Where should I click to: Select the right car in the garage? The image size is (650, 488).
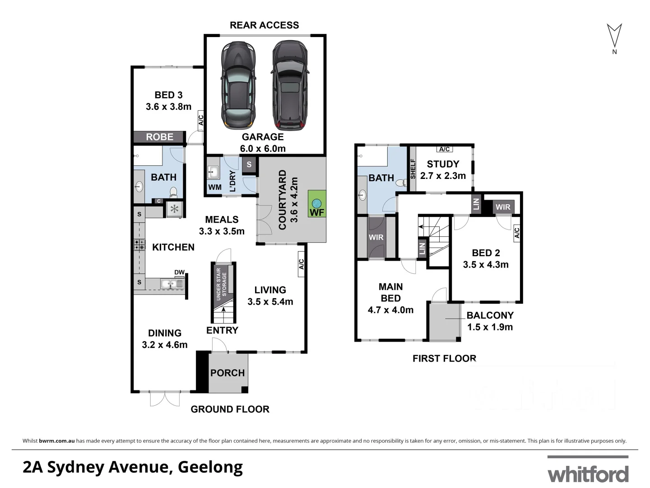pyautogui.click(x=290, y=85)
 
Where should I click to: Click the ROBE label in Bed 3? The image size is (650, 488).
pyautogui.click(x=160, y=137)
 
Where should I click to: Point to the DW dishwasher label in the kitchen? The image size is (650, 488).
pyautogui.click(x=179, y=272)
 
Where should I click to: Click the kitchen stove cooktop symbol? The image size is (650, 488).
pyautogui.click(x=139, y=244)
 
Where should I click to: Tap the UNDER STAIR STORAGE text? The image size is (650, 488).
pyautogui.click(x=221, y=284)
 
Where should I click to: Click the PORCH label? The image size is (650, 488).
pyautogui.click(x=227, y=373)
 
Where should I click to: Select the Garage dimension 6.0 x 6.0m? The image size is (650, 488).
pyautogui.click(x=263, y=149)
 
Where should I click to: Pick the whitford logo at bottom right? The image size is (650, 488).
pyautogui.click(x=588, y=473)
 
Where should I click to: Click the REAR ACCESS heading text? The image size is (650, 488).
pyautogui.click(x=264, y=25)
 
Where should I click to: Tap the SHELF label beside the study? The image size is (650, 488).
pyautogui.click(x=413, y=169)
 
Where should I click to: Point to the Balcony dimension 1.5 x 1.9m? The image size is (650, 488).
pyautogui.click(x=490, y=327)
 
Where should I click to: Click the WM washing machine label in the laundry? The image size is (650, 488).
pyautogui.click(x=215, y=187)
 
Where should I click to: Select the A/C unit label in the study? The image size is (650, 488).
pyautogui.click(x=444, y=150)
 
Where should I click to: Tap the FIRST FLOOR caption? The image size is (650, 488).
pyautogui.click(x=444, y=359)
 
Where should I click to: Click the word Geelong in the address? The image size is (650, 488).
pyautogui.click(x=210, y=467)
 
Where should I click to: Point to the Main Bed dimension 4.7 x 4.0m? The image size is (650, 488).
pyautogui.click(x=390, y=310)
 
